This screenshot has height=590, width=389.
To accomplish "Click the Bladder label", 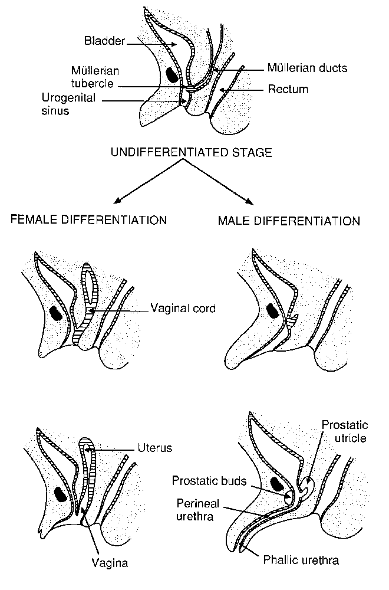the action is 104,41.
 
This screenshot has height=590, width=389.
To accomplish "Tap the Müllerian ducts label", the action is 308,68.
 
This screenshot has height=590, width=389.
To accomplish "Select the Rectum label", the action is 288,89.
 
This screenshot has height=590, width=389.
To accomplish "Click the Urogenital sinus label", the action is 68,104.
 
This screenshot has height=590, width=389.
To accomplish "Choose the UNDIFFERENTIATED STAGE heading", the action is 192,152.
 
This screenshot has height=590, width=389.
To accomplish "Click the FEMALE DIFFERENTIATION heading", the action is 88,219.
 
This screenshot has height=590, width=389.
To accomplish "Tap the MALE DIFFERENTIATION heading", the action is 289,221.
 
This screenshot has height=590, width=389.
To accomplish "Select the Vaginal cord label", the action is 183,308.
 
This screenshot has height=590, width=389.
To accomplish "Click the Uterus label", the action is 155,448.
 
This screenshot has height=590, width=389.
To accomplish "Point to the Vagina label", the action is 110,563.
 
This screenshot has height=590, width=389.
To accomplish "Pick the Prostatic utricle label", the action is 345,431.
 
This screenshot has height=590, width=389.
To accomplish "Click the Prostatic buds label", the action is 209,480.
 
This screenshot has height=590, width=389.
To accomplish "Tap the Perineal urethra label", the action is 197,510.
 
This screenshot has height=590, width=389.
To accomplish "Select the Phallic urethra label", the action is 301,560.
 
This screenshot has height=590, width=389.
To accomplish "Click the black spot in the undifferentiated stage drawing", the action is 173,74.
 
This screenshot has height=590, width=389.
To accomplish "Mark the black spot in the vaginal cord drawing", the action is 57,313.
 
